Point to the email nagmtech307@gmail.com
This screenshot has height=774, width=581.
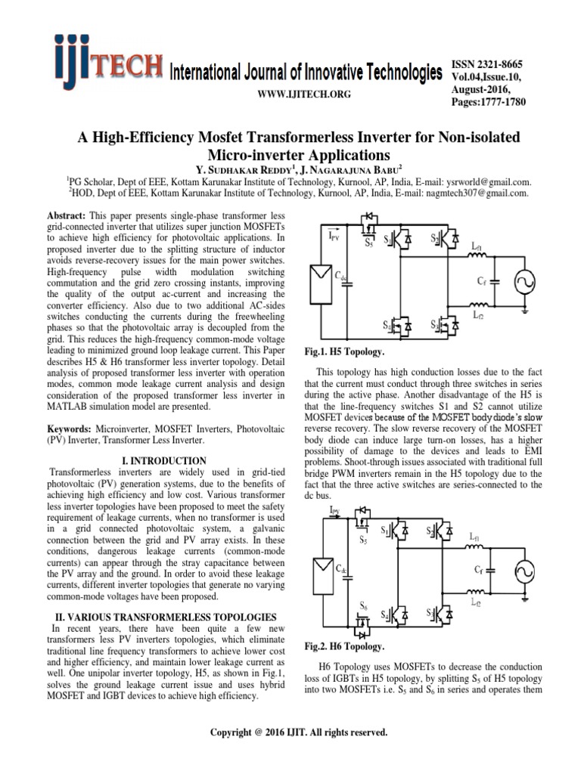[464, 193]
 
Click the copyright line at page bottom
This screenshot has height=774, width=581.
[290, 732]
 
